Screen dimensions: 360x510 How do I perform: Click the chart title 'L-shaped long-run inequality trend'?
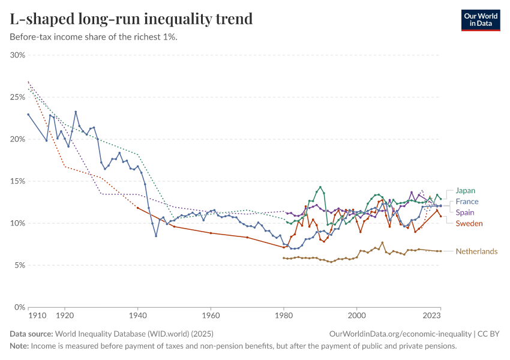click(x=131, y=19)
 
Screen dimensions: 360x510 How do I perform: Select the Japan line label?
click(x=465, y=191)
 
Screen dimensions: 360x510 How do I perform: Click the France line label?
click(x=467, y=202)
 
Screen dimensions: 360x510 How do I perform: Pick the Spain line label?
click(x=465, y=212)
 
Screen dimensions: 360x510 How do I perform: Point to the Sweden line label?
click(x=469, y=223)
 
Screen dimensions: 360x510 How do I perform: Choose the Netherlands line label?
click(x=476, y=251)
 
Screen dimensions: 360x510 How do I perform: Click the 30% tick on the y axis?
click(x=17, y=55)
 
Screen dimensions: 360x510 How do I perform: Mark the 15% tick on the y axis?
click(x=17, y=181)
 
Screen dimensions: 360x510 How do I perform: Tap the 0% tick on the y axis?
click(x=19, y=307)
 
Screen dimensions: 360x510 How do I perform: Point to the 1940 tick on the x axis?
click(x=137, y=315)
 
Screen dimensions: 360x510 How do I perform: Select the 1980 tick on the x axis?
click(x=284, y=315)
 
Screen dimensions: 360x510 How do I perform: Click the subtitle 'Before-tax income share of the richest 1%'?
click(x=94, y=37)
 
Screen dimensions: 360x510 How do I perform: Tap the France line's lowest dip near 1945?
click(x=156, y=236)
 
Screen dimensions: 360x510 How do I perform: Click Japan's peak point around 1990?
click(x=320, y=187)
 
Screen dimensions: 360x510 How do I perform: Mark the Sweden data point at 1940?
click(x=137, y=208)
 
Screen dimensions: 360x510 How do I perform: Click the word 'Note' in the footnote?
click(x=19, y=346)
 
